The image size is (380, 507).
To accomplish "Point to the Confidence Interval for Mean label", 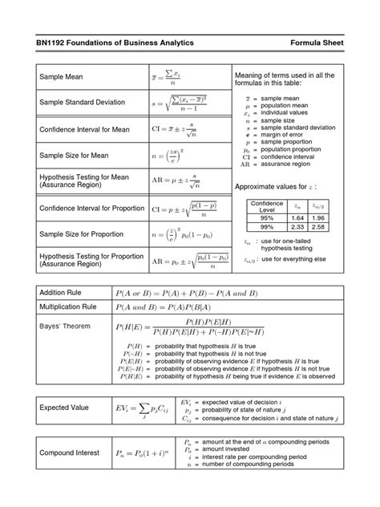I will [87, 128].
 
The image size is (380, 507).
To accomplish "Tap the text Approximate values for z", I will [281, 186].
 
